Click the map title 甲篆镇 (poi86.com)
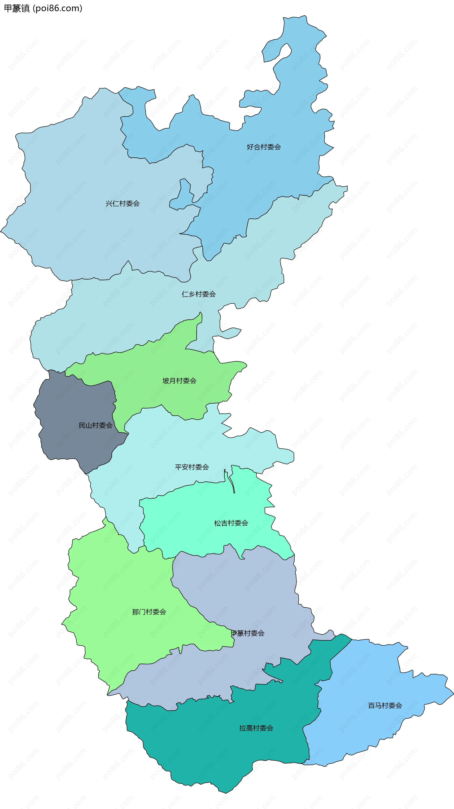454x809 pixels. pyautogui.click(x=43, y=8)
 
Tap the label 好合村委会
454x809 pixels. pyautogui.click(x=264, y=147)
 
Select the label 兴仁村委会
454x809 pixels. pyautogui.click(x=122, y=204)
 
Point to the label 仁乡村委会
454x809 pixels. pyautogui.click(x=199, y=294)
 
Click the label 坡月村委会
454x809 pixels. pyautogui.click(x=179, y=381)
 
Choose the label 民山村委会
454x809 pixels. pyautogui.click(x=96, y=425)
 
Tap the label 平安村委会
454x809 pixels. pyautogui.click(x=192, y=467)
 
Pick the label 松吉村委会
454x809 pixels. pyautogui.click(x=231, y=523)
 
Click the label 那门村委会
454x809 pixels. pyautogui.click(x=149, y=612)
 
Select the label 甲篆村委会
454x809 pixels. pyautogui.click(x=248, y=633)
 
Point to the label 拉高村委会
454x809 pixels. pyautogui.click(x=256, y=728)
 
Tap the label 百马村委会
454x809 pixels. pyautogui.click(x=385, y=705)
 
